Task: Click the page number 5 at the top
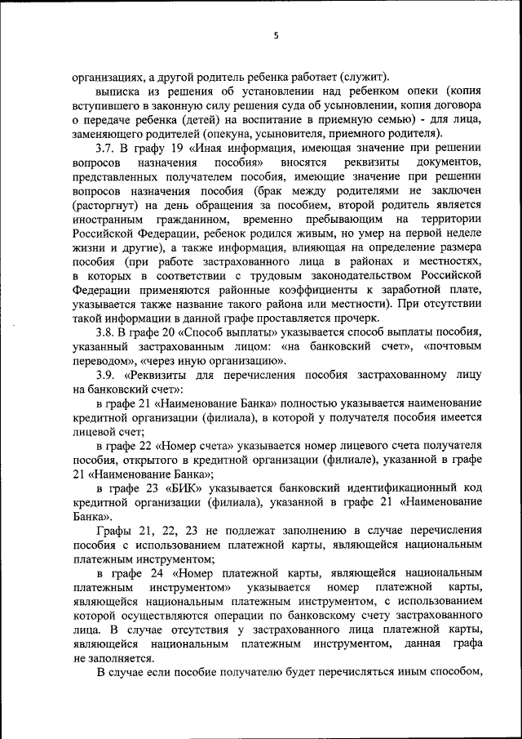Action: tap(276, 35)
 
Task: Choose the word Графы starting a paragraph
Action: tap(113, 531)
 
